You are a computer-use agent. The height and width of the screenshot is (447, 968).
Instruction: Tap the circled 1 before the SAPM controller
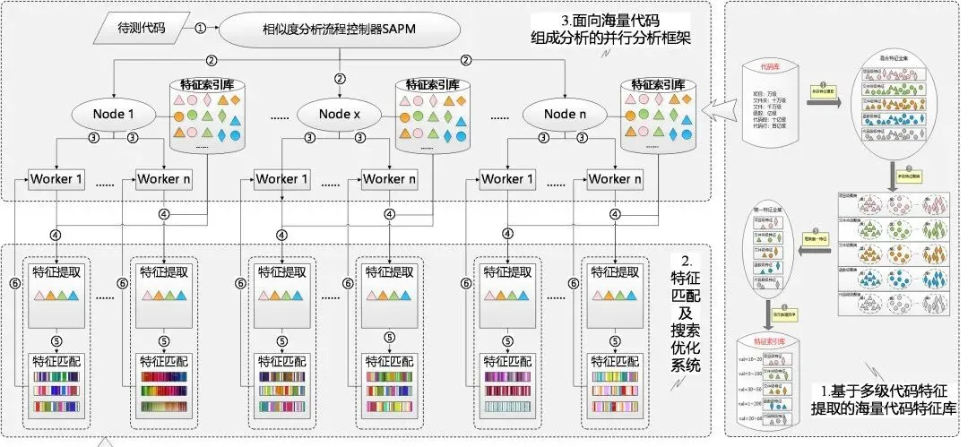point(201,28)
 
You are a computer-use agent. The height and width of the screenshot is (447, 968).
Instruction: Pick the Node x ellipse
point(340,114)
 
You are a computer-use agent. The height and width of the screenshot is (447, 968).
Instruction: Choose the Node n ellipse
point(566,114)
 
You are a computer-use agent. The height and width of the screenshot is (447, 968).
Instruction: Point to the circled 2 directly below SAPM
point(340,78)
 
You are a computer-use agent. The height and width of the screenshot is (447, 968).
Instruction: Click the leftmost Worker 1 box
point(56,179)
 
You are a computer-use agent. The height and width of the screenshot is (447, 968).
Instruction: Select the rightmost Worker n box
point(614,179)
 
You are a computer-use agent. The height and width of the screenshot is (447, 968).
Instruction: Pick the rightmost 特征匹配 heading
point(614,363)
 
